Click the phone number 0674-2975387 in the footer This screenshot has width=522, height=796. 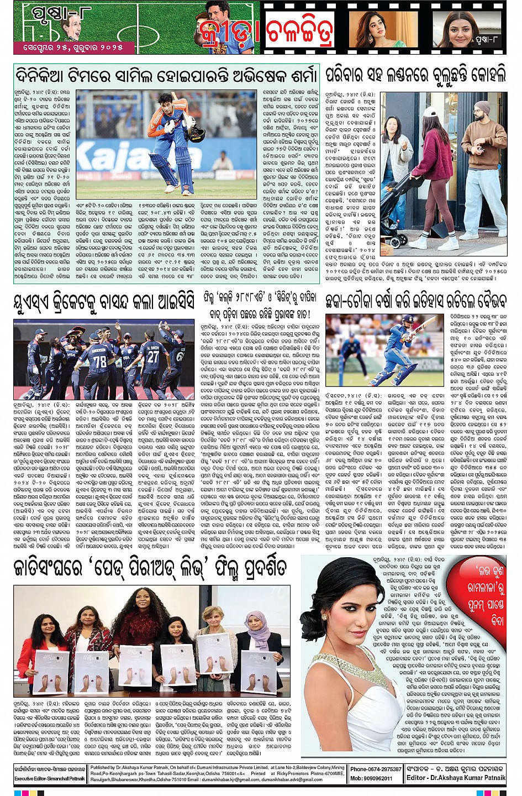376,769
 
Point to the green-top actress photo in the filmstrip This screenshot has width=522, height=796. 376,30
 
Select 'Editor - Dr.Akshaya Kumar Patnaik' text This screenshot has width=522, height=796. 456,778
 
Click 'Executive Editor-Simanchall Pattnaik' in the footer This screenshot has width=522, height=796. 50,778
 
